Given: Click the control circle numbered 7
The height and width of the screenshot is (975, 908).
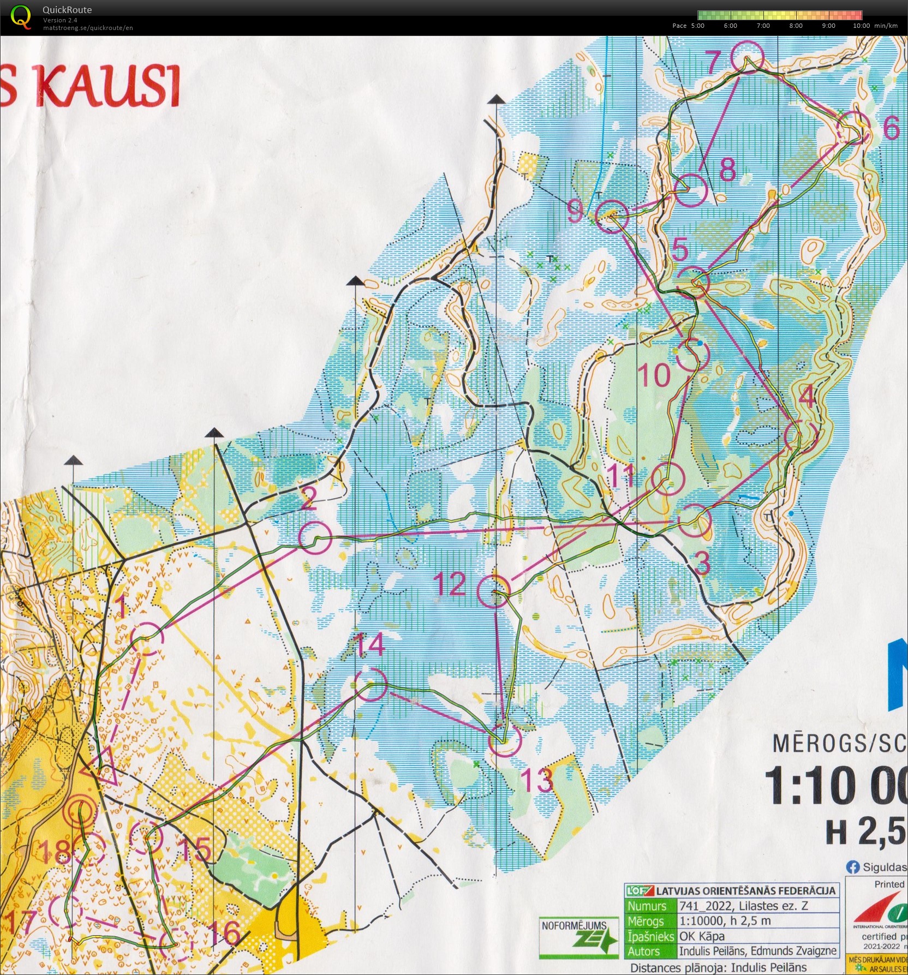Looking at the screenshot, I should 746,57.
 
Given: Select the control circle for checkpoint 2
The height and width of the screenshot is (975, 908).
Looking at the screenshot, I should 315,537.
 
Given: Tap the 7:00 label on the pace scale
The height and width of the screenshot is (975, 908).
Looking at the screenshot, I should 763,26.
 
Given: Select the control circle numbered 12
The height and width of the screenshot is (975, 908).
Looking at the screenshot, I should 494,591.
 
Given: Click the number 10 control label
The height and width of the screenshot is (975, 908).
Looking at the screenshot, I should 654,375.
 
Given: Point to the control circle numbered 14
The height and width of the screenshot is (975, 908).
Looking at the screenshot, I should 371,684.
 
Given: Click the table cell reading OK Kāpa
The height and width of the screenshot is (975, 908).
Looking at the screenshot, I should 702,936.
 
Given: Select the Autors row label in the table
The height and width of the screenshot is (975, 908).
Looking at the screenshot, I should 643,951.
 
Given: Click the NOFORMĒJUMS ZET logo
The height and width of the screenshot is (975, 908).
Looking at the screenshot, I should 579,937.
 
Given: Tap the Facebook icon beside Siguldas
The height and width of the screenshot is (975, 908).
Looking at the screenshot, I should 852,866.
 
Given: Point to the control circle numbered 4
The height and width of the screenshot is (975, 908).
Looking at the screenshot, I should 801,436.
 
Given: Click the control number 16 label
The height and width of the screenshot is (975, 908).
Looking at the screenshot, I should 224,933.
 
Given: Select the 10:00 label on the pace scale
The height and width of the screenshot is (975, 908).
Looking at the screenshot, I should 861,26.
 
